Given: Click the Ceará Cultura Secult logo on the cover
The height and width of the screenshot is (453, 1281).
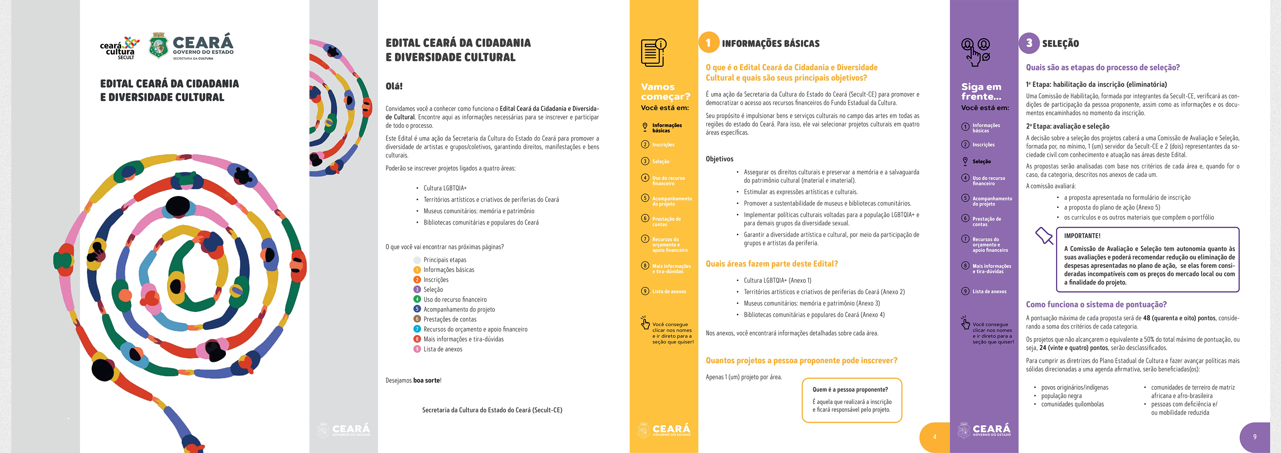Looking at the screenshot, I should [x=119, y=48].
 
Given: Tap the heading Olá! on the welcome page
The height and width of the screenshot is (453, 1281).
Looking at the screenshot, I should [x=394, y=86].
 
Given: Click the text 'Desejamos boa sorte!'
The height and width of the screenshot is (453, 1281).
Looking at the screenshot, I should [x=413, y=380].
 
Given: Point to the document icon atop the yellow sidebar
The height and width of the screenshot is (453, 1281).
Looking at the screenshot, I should [x=653, y=52].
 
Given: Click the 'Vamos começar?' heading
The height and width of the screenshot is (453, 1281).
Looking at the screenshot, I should [x=665, y=91].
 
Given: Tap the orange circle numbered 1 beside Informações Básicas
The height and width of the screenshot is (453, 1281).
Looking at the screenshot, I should [x=709, y=43].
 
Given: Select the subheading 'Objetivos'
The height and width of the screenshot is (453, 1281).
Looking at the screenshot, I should [x=719, y=159].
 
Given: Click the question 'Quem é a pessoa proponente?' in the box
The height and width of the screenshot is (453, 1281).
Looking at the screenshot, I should [x=850, y=390].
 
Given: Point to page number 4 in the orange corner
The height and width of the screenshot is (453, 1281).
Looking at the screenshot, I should [x=934, y=437].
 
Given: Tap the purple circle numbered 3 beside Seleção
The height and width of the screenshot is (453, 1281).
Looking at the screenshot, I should [x=1029, y=43].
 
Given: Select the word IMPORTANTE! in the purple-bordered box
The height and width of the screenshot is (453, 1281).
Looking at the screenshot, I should [x=1082, y=236].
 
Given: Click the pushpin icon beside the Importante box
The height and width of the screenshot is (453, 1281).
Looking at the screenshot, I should [x=1044, y=235].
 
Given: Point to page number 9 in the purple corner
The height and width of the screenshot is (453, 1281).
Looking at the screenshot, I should [x=1255, y=437].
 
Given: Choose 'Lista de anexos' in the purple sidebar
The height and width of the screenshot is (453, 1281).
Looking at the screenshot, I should [x=989, y=292].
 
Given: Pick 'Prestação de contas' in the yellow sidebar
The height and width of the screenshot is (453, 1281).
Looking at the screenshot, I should [x=666, y=221].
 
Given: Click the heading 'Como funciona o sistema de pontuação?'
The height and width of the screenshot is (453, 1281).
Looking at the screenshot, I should [x=1096, y=304].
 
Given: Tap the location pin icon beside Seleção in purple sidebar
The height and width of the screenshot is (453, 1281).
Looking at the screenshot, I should [x=965, y=161].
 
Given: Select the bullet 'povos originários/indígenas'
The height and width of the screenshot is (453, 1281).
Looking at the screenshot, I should [x=1075, y=387].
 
